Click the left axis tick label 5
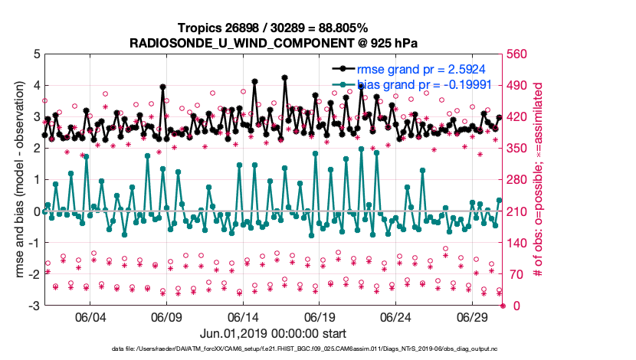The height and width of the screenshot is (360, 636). click(x=35, y=54)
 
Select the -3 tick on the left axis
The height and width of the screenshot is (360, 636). click(x=33, y=306)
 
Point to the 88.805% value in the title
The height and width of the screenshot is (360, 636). click(x=334, y=28)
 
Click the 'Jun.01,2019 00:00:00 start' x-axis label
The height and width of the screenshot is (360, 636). click(x=273, y=334)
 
